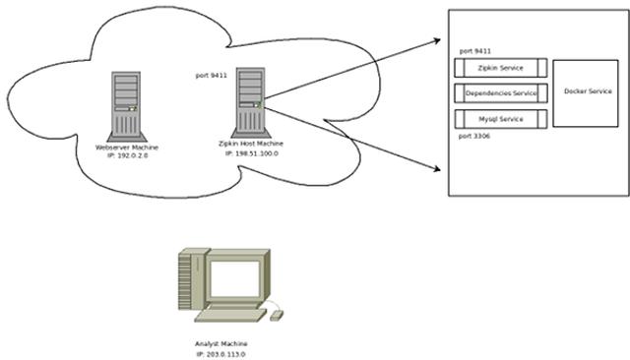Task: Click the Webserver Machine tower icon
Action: (127, 104)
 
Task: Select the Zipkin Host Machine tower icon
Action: (250, 101)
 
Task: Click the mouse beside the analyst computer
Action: (276, 315)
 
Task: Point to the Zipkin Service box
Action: (500, 68)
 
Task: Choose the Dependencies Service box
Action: (500, 93)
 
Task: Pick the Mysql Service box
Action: (500, 119)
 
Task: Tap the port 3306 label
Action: (475, 136)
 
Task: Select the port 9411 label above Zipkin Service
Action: (475, 49)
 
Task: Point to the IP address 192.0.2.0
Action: (127, 154)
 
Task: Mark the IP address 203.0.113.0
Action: (220, 353)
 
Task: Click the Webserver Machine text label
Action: (127, 147)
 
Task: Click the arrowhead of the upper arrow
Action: (435, 41)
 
